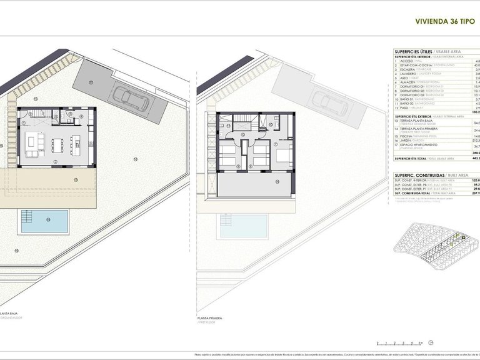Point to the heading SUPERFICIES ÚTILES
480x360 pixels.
coord(415,51)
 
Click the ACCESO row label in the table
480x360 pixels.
coord(407,61)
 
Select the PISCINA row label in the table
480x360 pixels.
coord(407,136)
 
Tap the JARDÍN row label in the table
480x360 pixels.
coord(407,141)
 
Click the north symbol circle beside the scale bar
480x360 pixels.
coord(431,342)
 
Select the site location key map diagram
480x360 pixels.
coord(435,247)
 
